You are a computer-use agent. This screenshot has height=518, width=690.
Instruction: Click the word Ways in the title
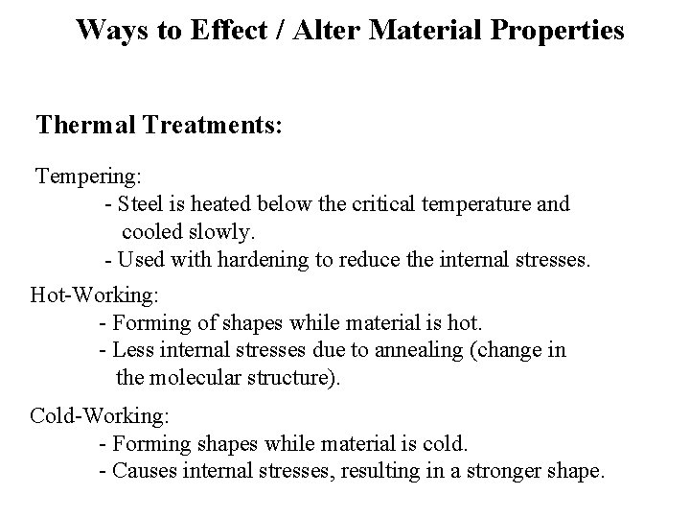coord(108,30)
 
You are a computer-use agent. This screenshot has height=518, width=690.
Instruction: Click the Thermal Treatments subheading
coord(158,126)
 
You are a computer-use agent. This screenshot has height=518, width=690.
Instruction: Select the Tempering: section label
coord(89,177)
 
